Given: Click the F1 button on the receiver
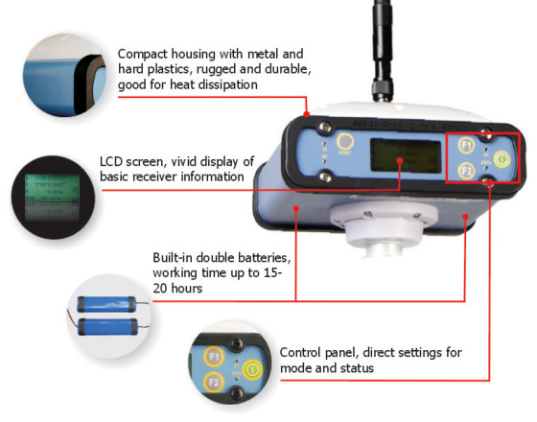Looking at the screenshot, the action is click(466, 146).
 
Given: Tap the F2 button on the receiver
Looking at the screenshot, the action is click(466, 171).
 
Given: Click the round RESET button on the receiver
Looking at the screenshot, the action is click(345, 141).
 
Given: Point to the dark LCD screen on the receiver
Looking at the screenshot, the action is click(406, 155).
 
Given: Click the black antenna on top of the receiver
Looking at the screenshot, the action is click(383, 51).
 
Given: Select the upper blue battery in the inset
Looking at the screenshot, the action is click(107, 304).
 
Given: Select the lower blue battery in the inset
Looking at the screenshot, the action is click(107, 326).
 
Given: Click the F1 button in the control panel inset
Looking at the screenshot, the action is click(214, 357).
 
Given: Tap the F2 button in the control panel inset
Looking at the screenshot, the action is click(214, 382).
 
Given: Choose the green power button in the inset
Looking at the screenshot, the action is click(252, 369).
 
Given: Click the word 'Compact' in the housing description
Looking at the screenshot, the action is click(143, 55).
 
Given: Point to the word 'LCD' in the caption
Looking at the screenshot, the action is click(111, 161).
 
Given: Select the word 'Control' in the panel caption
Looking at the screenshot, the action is click(300, 353).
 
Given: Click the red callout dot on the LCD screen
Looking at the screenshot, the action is click(400, 160).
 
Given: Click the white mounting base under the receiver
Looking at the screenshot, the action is click(384, 228).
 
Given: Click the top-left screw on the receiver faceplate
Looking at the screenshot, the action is click(325, 128).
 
